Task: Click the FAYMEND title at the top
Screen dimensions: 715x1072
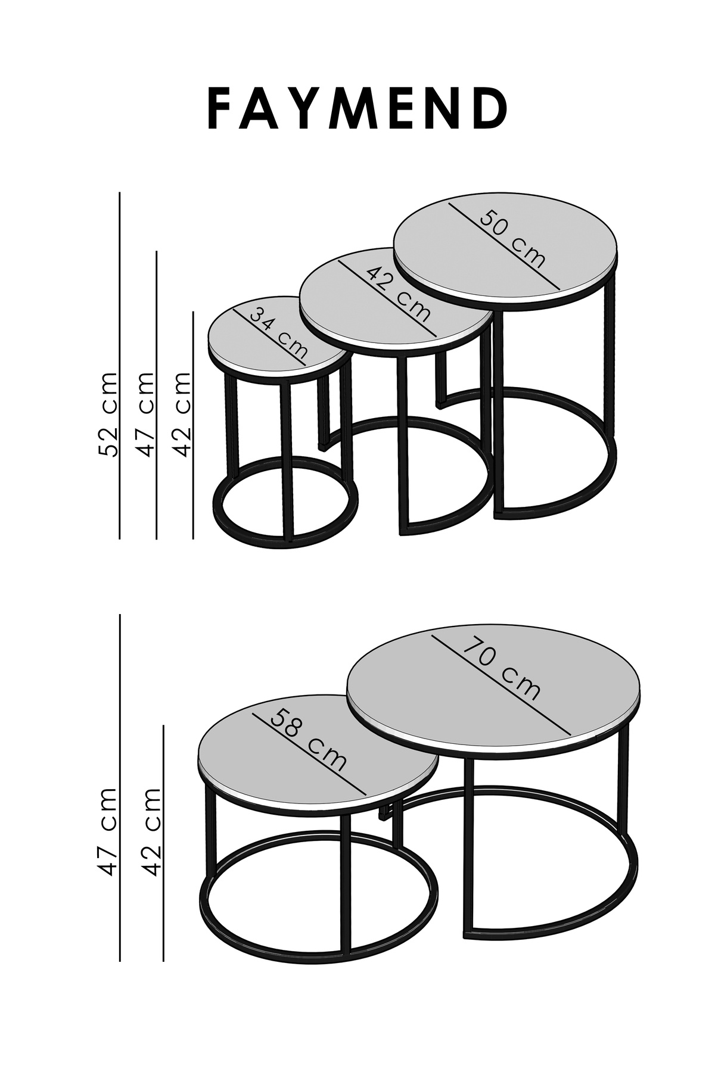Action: click(x=358, y=110)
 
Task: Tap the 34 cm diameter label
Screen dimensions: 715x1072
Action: click(x=279, y=337)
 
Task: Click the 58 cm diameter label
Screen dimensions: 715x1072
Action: click(x=308, y=741)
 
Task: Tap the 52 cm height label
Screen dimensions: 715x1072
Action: click(x=108, y=415)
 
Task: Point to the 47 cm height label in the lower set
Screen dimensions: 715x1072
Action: click(x=108, y=831)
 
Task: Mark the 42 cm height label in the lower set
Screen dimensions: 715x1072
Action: click(x=152, y=831)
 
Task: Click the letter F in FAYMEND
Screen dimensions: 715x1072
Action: click(x=219, y=110)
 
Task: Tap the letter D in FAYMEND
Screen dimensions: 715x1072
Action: click(x=492, y=110)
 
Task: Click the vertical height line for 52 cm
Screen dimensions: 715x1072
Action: click(x=120, y=366)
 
